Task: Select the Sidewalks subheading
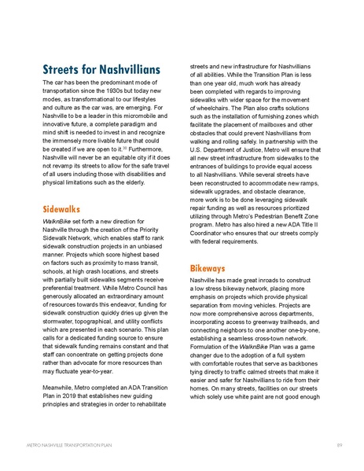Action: click(63, 210)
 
